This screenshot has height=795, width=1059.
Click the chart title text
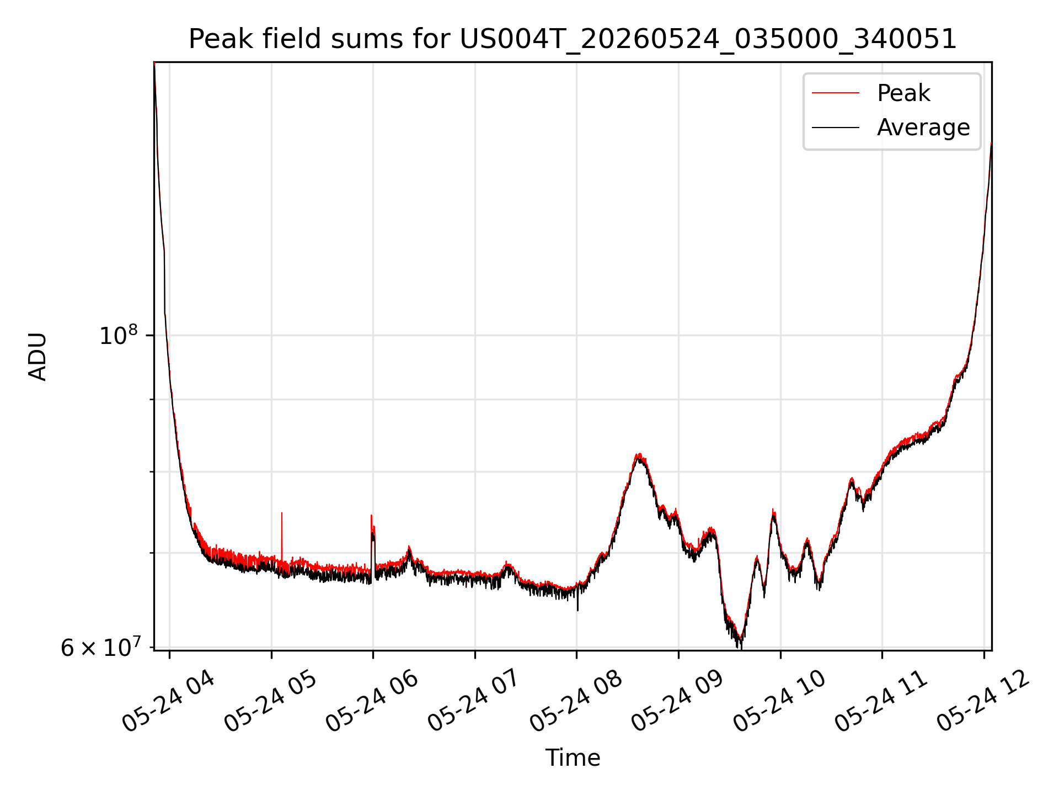point(573,39)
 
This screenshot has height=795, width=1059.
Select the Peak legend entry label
point(903,93)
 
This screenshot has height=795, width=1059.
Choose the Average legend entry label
point(923,128)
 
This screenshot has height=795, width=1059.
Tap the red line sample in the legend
point(836,93)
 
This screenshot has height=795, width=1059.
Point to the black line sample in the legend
point(836,128)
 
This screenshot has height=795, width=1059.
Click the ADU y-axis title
point(38,356)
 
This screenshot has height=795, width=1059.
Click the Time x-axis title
point(573,757)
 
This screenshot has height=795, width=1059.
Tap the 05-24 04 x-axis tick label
point(168,702)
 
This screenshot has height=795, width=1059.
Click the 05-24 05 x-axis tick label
point(270,702)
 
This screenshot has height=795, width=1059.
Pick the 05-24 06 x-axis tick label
point(372,702)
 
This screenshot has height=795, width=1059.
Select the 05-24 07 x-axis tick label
point(474,702)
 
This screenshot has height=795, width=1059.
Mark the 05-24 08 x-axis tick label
point(576,702)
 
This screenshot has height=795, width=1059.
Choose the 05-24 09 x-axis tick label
point(677,702)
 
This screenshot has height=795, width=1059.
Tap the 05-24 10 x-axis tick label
point(779,702)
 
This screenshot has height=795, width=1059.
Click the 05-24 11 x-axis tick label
point(881,702)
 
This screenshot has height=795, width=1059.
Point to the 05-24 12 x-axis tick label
point(983,702)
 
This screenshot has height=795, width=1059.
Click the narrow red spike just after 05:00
point(282,538)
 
